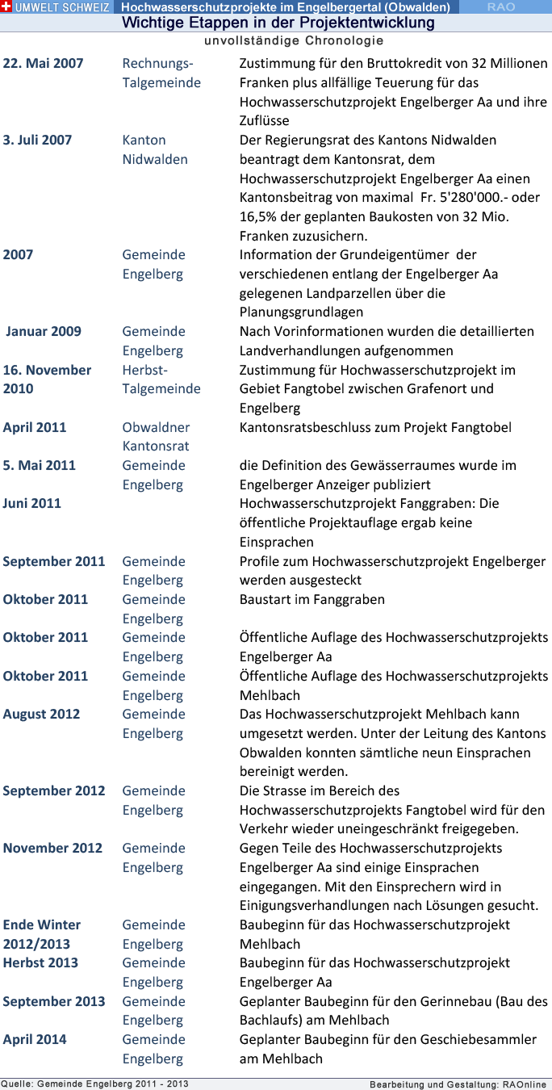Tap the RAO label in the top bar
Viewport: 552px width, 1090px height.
[x=501, y=6]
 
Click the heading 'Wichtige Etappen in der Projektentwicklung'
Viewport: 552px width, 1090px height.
[x=278, y=23]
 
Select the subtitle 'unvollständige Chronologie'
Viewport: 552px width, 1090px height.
[x=294, y=40]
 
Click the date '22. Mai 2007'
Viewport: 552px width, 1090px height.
[x=43, y=63]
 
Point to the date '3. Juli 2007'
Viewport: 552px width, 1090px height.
[x=37, y=140]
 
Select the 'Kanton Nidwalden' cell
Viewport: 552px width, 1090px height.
[x=155, y=149]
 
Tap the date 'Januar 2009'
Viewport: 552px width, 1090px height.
[x=44, y=331]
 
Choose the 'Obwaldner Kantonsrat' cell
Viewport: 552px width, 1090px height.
[x=156, y=436]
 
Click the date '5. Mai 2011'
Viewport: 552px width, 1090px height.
[x=39, y=465]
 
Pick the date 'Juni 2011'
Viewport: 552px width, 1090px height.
[x=31, y=503]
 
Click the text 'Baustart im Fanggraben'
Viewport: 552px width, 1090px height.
[x=312, y=599]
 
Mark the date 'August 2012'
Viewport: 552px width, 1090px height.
[x=41, y=714]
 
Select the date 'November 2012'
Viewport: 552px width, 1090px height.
[x=52, y=848]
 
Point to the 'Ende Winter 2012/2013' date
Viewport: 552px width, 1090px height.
[x=42, y=934]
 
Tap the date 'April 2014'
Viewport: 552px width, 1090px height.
[x=35, y=1039]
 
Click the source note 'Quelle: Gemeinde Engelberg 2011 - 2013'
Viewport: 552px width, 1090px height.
[x=94, y=1084]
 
